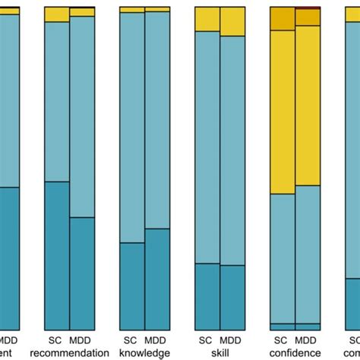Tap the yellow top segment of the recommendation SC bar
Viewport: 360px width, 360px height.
click(57, 14)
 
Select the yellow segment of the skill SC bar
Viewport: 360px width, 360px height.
click(207, 19)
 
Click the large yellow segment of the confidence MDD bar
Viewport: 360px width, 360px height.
click(308, 106)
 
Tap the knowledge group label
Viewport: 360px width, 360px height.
click(144, 352)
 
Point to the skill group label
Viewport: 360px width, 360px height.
click(219, 352)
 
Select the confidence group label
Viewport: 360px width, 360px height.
click(295, 352)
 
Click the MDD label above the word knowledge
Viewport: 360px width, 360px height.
click(157, 340)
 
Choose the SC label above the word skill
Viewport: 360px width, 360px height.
click(207, 340)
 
